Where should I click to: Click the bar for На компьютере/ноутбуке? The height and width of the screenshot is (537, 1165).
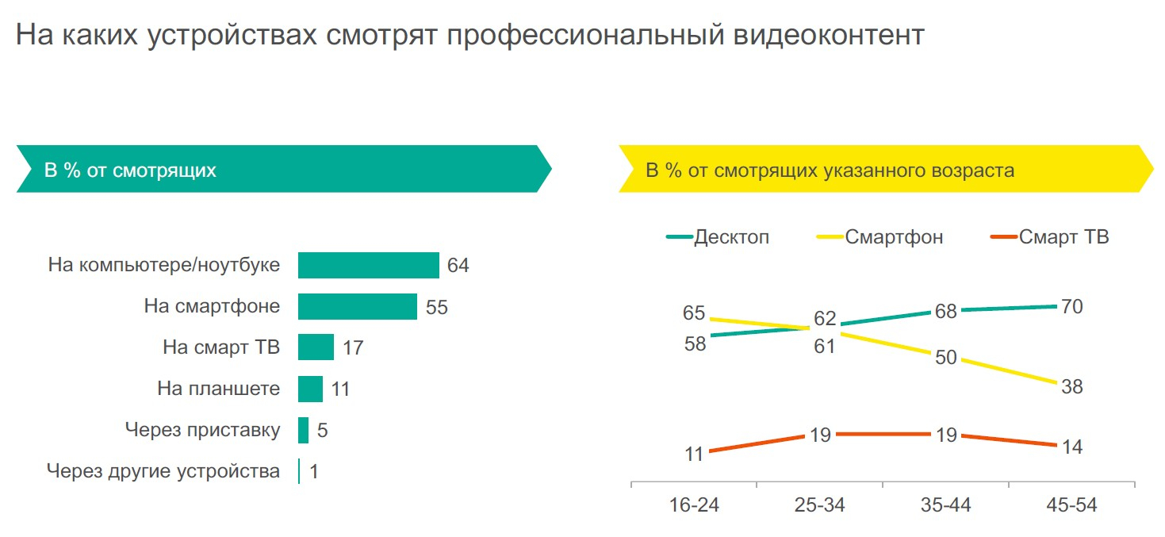click(x=368, y=266)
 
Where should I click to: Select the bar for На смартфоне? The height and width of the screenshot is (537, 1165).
click(x=357, y=307)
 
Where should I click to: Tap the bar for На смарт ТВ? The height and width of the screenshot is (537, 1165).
click(x=316, y=347)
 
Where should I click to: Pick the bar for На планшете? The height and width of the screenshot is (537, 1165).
click(x=310, y=389)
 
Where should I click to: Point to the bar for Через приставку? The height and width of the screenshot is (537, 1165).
click(x=303, y=430)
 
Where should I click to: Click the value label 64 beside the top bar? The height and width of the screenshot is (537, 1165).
click(x=458, y=266)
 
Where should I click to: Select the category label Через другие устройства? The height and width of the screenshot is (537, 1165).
click(x=163, y=471)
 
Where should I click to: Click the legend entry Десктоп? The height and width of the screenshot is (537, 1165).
click(x=730, y=237)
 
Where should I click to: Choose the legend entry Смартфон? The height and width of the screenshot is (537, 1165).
click(x=894, y=237)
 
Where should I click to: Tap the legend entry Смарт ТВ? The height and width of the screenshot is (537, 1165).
click(x=1063, y=237)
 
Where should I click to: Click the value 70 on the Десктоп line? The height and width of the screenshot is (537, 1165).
click(x=1072, y=307)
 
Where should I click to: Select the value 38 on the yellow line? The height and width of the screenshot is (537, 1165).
click(x=1072, y=387)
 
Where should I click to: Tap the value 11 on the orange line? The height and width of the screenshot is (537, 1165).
click(x=694, y=455)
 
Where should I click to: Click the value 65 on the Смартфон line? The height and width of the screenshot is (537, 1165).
click(x=694, y=313)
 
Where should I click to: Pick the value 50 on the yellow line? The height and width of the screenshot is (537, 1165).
click(x=946, y=358)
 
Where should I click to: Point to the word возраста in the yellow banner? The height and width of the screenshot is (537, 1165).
click(x=978, y=171)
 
